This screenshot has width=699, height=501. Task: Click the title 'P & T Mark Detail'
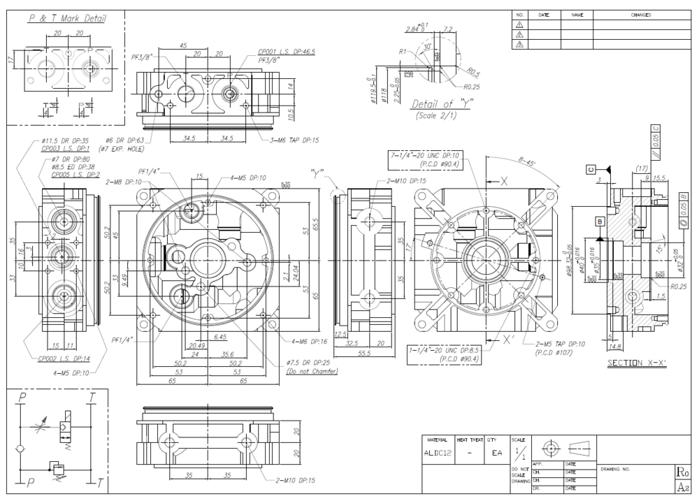coord(67,19)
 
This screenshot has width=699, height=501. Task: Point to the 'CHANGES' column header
coord(640,15)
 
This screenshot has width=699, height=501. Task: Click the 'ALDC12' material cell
coord(439,453)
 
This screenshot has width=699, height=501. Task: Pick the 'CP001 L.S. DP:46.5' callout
coord(286,52)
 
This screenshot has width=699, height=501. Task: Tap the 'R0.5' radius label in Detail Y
coord(474,72)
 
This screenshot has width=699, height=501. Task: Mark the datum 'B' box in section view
coord(599,222)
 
